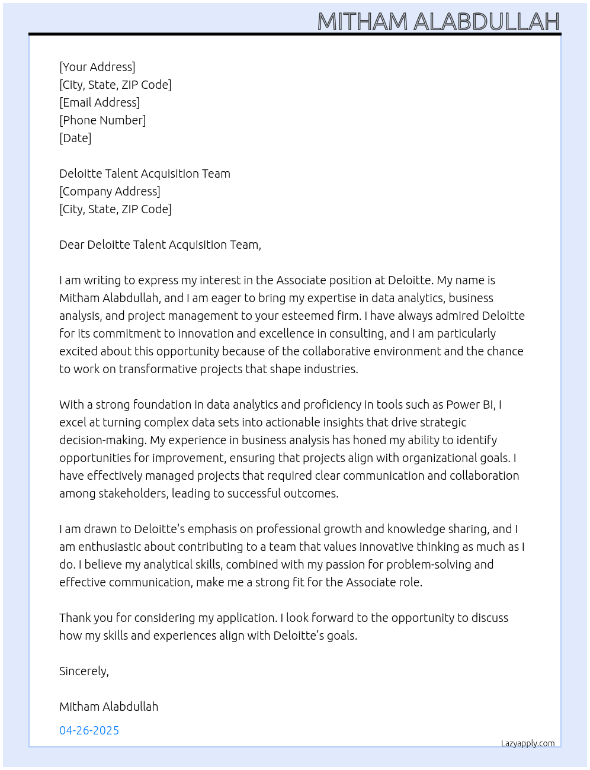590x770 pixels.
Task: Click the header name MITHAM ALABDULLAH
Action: (438, 21)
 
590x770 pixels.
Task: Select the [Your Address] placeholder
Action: (97, 67)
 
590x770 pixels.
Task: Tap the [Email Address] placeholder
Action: (100, 102)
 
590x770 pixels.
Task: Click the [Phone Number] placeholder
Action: (102, 120)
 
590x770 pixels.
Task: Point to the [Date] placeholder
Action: (75, 138)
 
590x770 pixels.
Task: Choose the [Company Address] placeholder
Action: (110, 191)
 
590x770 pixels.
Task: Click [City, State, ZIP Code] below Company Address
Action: (116, 209)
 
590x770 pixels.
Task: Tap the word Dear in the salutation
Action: (72, 245)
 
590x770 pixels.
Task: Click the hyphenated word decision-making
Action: (102, 440)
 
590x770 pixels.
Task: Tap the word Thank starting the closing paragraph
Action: (75, 618)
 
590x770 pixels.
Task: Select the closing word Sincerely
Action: (84, 671)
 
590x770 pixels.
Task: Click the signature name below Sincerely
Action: (108, 707)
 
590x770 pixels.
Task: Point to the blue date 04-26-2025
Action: (89, 730)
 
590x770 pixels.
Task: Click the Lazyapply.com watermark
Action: (528, 743)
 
